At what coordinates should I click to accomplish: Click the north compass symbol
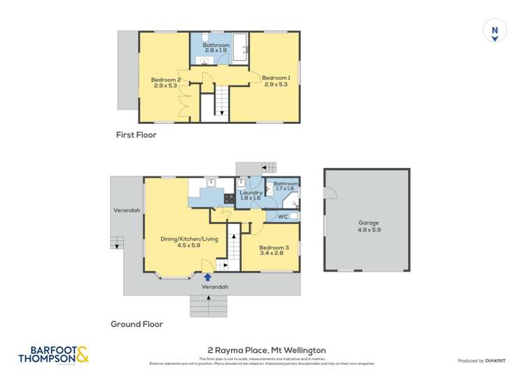(x=494, y=32)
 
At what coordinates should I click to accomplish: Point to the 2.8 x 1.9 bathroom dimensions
(x=216, y=51)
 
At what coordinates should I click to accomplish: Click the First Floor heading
(x=136, y=135)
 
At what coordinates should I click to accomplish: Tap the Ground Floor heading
(x=136, y=324)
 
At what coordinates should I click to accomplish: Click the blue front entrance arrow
(x=207, y=277)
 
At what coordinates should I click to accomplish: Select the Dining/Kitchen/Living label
(x=190, y=239)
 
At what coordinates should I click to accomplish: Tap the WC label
(x=283, y=216)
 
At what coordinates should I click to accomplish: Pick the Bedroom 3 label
(x=272, y=248)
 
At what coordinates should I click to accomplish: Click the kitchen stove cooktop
(x=228, y=198)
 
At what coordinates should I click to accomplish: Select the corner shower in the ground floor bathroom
(x=293, y=204)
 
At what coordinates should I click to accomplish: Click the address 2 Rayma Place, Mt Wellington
(x=266, y=350)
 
